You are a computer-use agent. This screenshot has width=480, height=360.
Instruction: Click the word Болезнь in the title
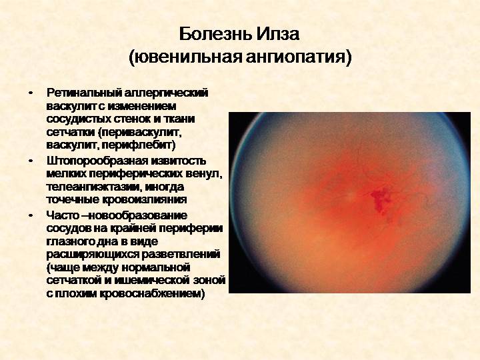tap(215, 34)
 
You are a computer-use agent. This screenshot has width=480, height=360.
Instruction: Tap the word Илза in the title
tap(277, 34)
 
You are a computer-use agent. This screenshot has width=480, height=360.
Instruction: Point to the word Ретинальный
tap(83, 93)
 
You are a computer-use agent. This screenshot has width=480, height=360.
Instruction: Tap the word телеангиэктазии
tap(94, 187)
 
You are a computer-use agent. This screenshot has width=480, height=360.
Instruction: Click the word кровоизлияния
tap(144, 199)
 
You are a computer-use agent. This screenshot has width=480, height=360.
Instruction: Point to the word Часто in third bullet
tap(63, 215)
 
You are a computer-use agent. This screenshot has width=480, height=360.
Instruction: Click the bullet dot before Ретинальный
tap(30, 93)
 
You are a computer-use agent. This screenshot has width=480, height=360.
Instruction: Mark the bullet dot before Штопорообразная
tap(30, 161)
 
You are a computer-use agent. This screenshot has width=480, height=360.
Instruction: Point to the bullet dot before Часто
tap(30, 215)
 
